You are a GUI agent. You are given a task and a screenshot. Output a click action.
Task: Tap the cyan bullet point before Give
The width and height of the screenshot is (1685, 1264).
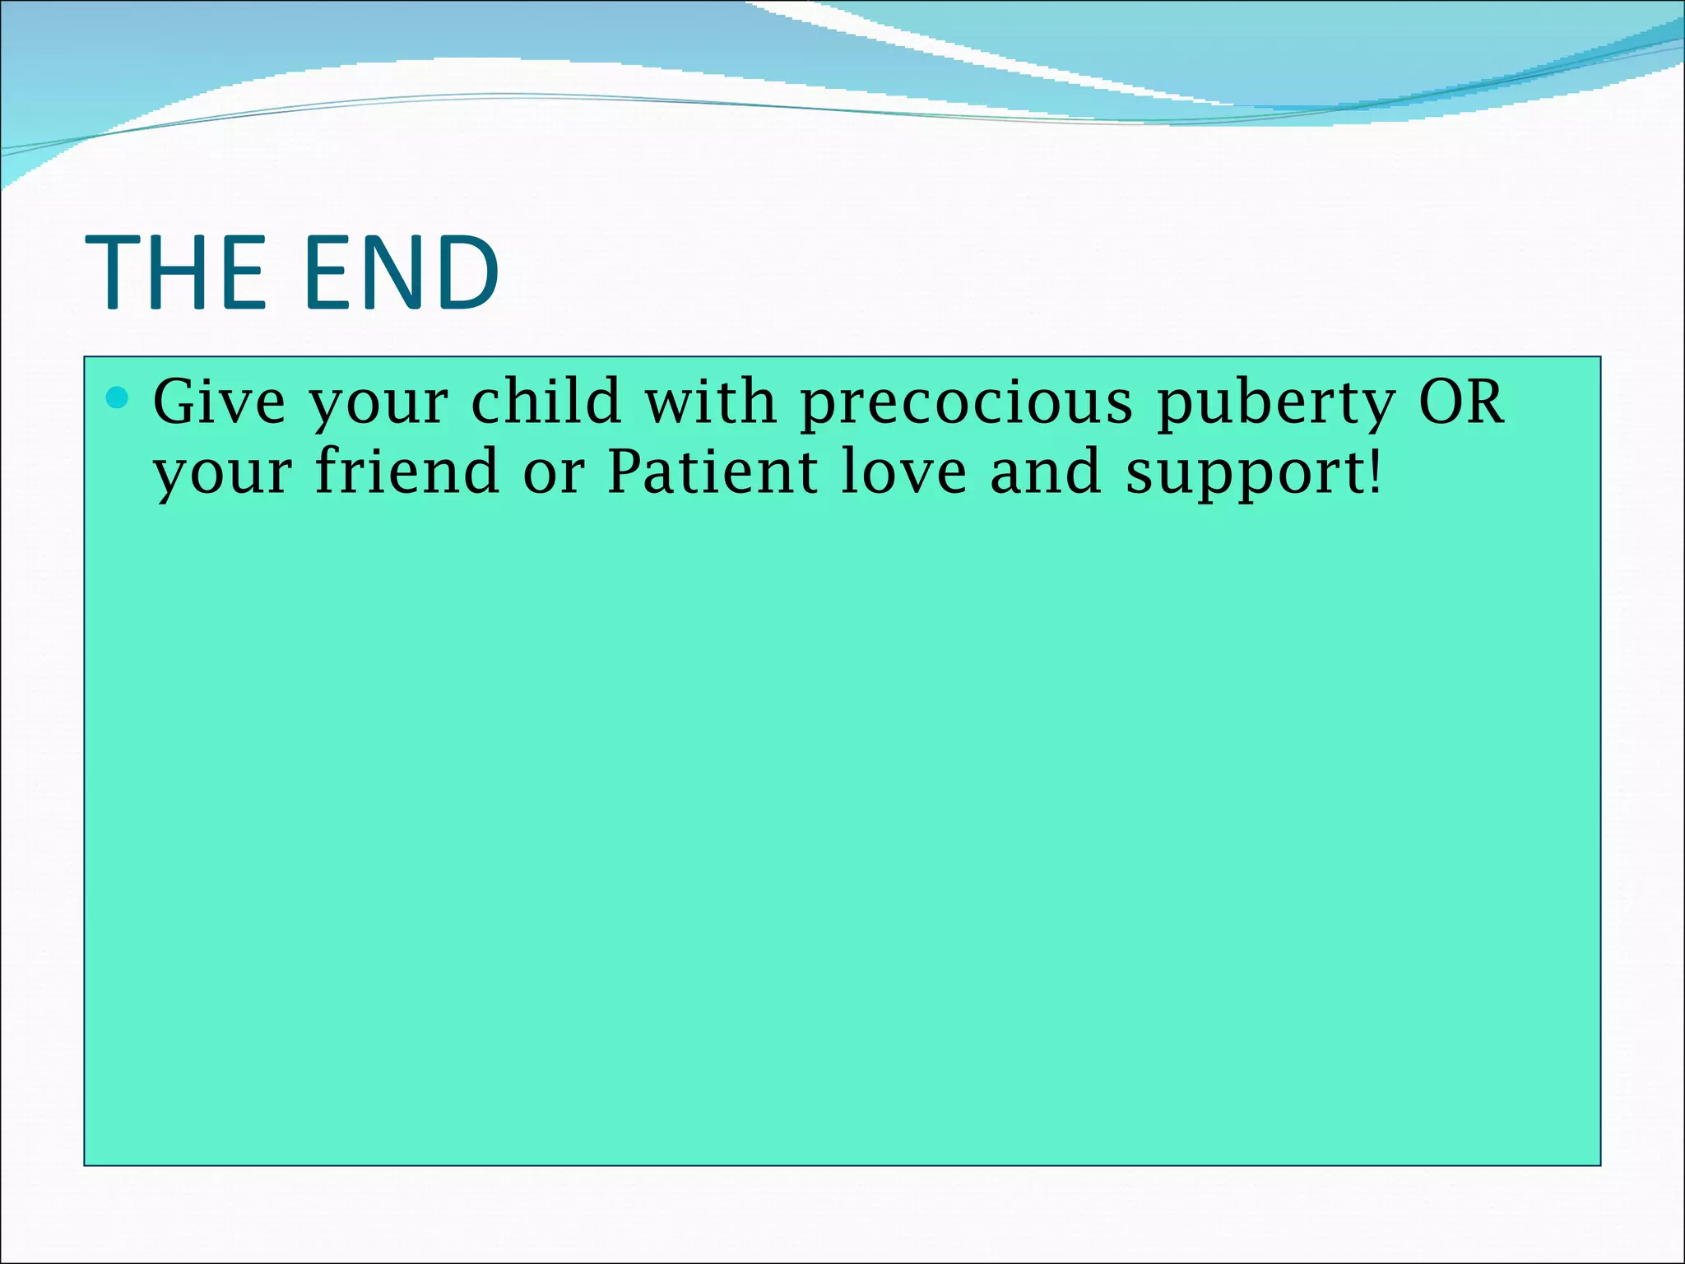(118, 399)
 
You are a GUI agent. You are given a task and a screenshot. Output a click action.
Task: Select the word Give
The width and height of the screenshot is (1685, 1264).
(219, 402)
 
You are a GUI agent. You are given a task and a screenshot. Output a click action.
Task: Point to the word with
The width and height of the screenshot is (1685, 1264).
(710, 402)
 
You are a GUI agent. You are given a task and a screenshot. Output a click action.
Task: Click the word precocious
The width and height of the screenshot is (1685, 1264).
(967, 404)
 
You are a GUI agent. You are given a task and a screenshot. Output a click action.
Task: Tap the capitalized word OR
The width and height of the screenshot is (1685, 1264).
(1462, 402)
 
